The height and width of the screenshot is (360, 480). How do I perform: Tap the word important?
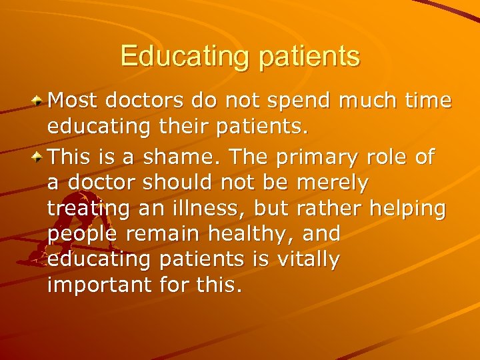pos(99,285)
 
